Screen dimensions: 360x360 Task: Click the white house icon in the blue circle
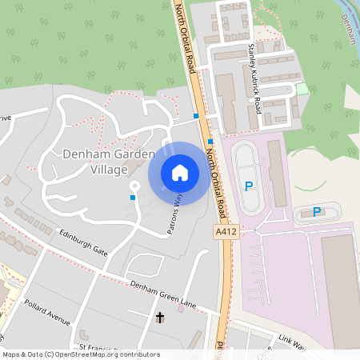(x=180, y=173)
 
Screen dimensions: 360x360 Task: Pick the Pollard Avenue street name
(x=46, y=312)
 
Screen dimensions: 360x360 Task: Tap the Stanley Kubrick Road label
(x=254, y=78)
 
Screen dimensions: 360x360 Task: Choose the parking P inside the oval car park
(x=248, y=186)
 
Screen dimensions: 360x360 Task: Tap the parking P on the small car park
(x=317, y=212)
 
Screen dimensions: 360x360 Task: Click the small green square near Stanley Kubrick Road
(x=301, y=89)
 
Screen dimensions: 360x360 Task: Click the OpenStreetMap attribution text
(x=81, y=354)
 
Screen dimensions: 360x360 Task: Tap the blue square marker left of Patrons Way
(x=133, y=197)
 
